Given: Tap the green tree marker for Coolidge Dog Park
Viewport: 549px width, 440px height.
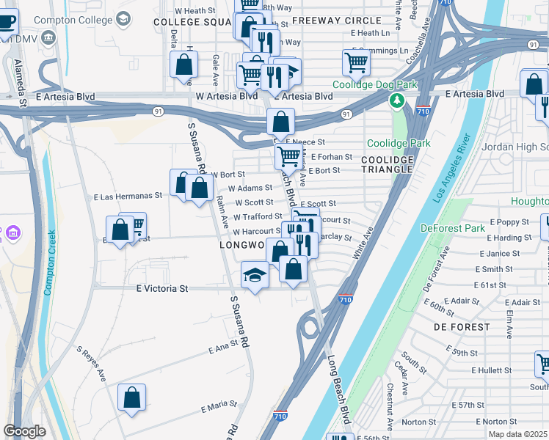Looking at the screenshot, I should point(397,100).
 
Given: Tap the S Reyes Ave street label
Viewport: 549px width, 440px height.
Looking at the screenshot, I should point(92,364).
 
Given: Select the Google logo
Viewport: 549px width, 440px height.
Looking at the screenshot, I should point(24,431).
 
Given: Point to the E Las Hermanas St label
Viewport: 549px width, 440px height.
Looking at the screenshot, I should point(128,197).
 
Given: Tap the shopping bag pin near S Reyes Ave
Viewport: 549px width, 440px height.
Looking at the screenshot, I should point(131,398).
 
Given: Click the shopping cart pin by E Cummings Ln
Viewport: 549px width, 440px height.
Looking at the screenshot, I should point(356,63).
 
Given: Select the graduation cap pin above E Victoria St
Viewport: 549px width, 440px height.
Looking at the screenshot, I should point(255,275).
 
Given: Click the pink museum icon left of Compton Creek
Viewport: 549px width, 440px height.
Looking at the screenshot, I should point(11,233).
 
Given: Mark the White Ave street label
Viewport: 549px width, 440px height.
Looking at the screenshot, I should point(363,243).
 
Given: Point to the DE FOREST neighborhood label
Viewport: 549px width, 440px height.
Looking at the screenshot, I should point(461,326).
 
